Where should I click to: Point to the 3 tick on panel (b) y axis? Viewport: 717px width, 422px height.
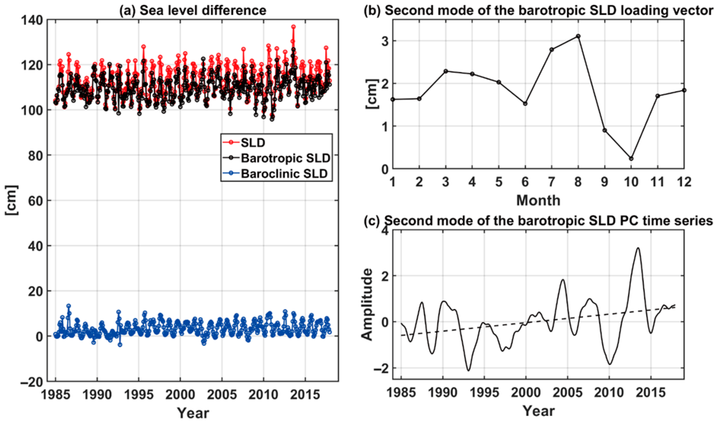coord(384,41)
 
